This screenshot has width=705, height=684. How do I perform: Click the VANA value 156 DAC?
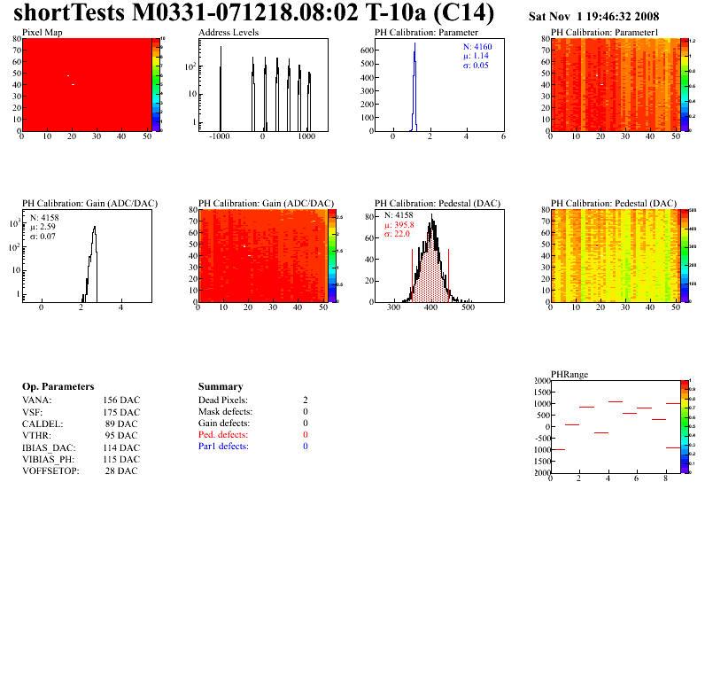click(x=121, y=400)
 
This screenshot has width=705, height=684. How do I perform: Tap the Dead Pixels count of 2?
click(x=306, y=400)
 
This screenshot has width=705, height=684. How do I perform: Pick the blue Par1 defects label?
click(x=223, y=447)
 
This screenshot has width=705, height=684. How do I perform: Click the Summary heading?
click(x=221, y=386)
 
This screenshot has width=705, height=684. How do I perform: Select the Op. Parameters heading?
click(x=58, y=386)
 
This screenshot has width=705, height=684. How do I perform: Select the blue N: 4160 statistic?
click(x=477, y=46)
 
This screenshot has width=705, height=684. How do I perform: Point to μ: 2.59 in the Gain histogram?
click(x=45, y=226)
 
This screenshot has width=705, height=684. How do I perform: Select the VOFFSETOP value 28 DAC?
click(x=121, y=470)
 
